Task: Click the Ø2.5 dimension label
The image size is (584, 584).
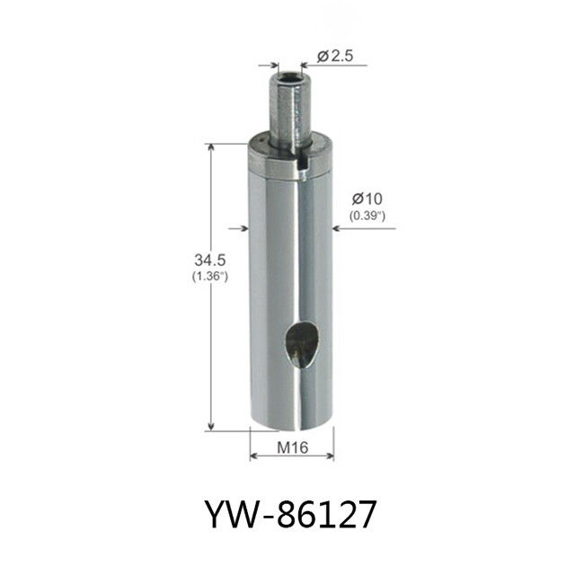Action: (x=335, y=56)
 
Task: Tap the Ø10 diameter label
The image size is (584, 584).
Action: (x=367, y=199)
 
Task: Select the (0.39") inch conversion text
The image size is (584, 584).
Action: (x=367, y=216)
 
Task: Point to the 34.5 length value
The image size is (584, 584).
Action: (x=209, y=260)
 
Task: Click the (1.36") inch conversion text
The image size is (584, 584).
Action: (x=209, y=277)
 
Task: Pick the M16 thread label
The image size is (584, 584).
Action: (x=292, y=447)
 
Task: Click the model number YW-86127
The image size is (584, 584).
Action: (x=291, y=514)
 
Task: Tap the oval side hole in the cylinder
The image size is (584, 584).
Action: (x=302, y=345)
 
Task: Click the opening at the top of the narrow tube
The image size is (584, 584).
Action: (x=289, y=77)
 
